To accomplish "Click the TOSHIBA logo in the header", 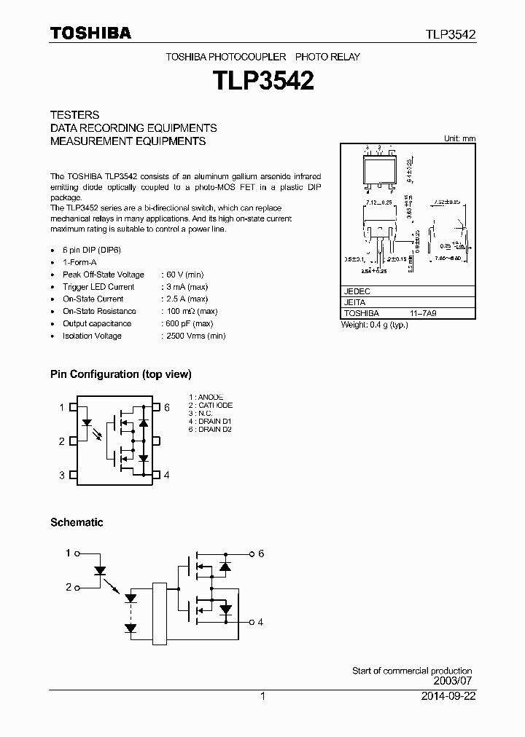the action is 90,32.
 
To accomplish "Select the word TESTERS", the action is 74,115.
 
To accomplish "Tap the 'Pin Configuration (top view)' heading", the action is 121,374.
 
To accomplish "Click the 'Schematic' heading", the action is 77,522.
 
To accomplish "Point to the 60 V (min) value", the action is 184,275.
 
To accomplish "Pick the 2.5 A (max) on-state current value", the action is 187,299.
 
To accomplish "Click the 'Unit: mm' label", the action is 459,138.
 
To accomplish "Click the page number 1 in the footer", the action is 262,696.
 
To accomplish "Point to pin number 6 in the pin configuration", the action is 166,407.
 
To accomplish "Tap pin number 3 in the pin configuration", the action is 62,475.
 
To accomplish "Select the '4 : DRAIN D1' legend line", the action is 210,422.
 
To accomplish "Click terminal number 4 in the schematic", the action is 260,621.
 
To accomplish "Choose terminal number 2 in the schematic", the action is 69,586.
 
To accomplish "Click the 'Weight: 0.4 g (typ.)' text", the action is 375,324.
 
